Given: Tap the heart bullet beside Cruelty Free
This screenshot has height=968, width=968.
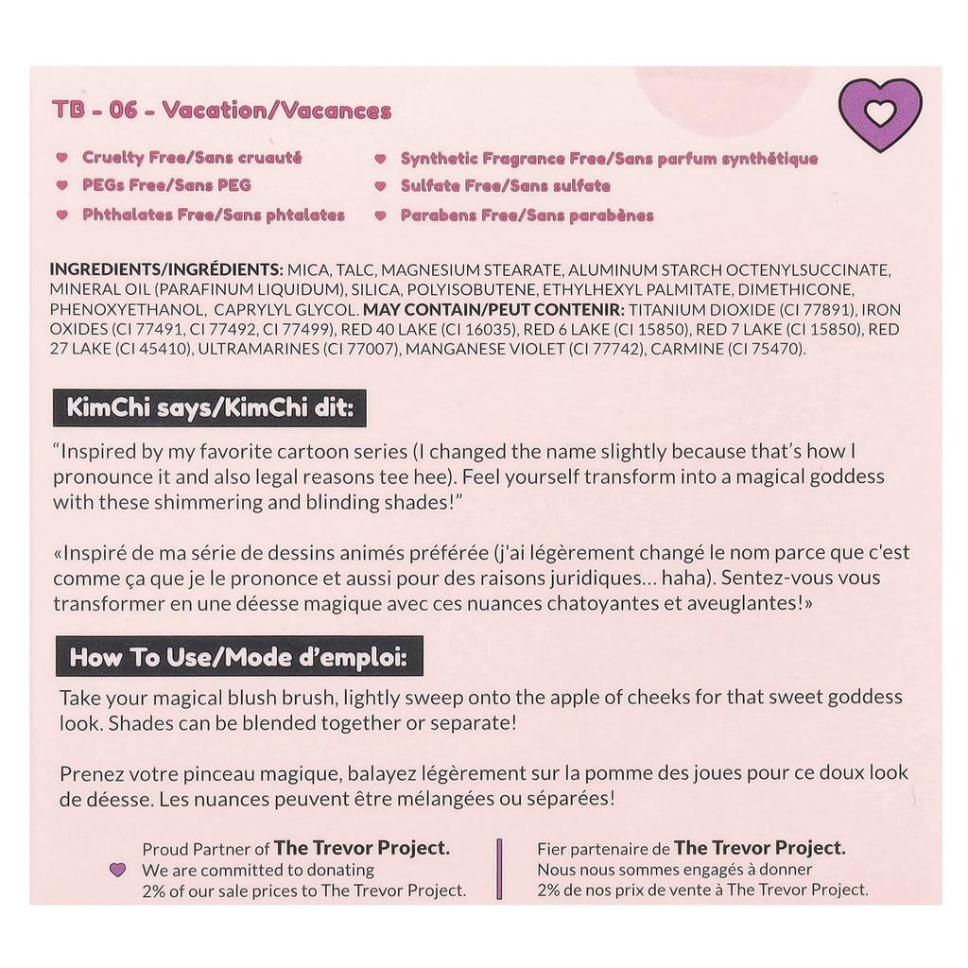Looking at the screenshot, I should (61, 158).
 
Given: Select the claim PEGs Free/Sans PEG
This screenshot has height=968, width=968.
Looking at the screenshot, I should (166, 185).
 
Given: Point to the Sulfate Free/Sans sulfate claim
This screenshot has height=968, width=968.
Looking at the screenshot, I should (505, 186).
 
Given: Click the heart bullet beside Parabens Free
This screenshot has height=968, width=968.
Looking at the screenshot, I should (380, 216).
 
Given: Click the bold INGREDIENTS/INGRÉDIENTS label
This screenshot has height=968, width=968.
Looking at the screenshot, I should (166, 268).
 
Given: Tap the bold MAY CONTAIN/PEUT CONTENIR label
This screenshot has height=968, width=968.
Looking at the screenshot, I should (493, 309).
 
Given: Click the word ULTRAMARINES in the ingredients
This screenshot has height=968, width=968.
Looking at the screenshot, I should (258, 350).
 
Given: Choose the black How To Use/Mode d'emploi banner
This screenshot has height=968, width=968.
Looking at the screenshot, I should (238, 657).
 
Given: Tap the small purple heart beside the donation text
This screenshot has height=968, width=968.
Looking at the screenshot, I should (117, 870).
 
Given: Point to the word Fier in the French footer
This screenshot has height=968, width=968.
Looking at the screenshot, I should (553, 849).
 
